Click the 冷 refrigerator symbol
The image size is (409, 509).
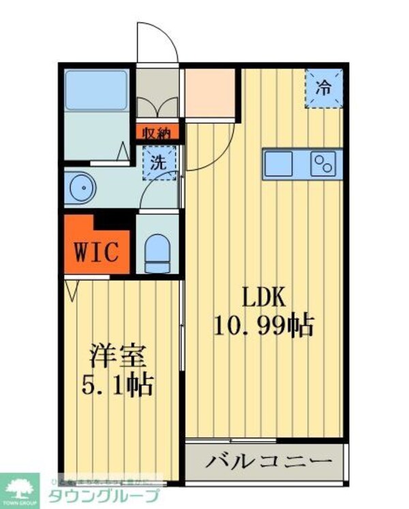click(x=324, y=88)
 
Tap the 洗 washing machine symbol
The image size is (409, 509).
click(x=159, y=163)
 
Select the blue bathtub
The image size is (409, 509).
click(x=96, y=90)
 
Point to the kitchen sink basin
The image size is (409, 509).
click(x=278, y=164)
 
